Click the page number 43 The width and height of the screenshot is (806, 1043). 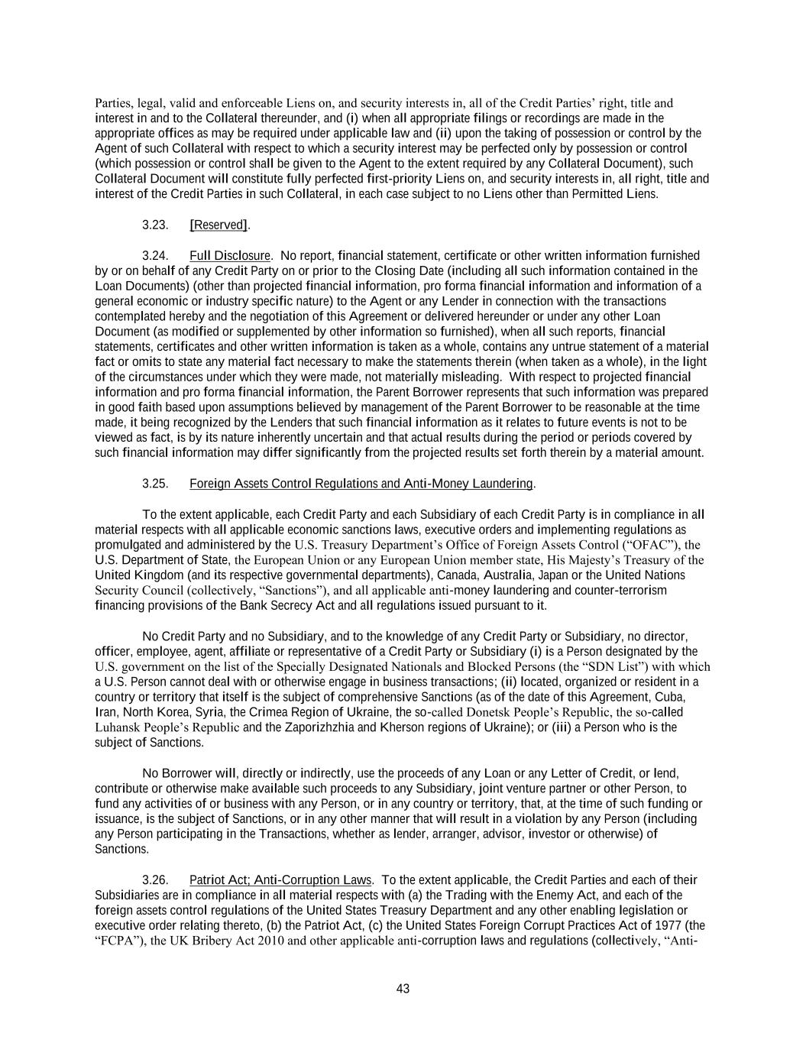click(403, 989)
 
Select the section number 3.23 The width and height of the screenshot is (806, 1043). click(155, 225)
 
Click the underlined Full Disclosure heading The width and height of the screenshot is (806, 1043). click(230, 255)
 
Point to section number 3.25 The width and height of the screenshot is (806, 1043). click(155, 484)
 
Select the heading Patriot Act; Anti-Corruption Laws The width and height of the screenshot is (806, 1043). click(280, 879)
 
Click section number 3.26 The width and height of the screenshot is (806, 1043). click(155, 879)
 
